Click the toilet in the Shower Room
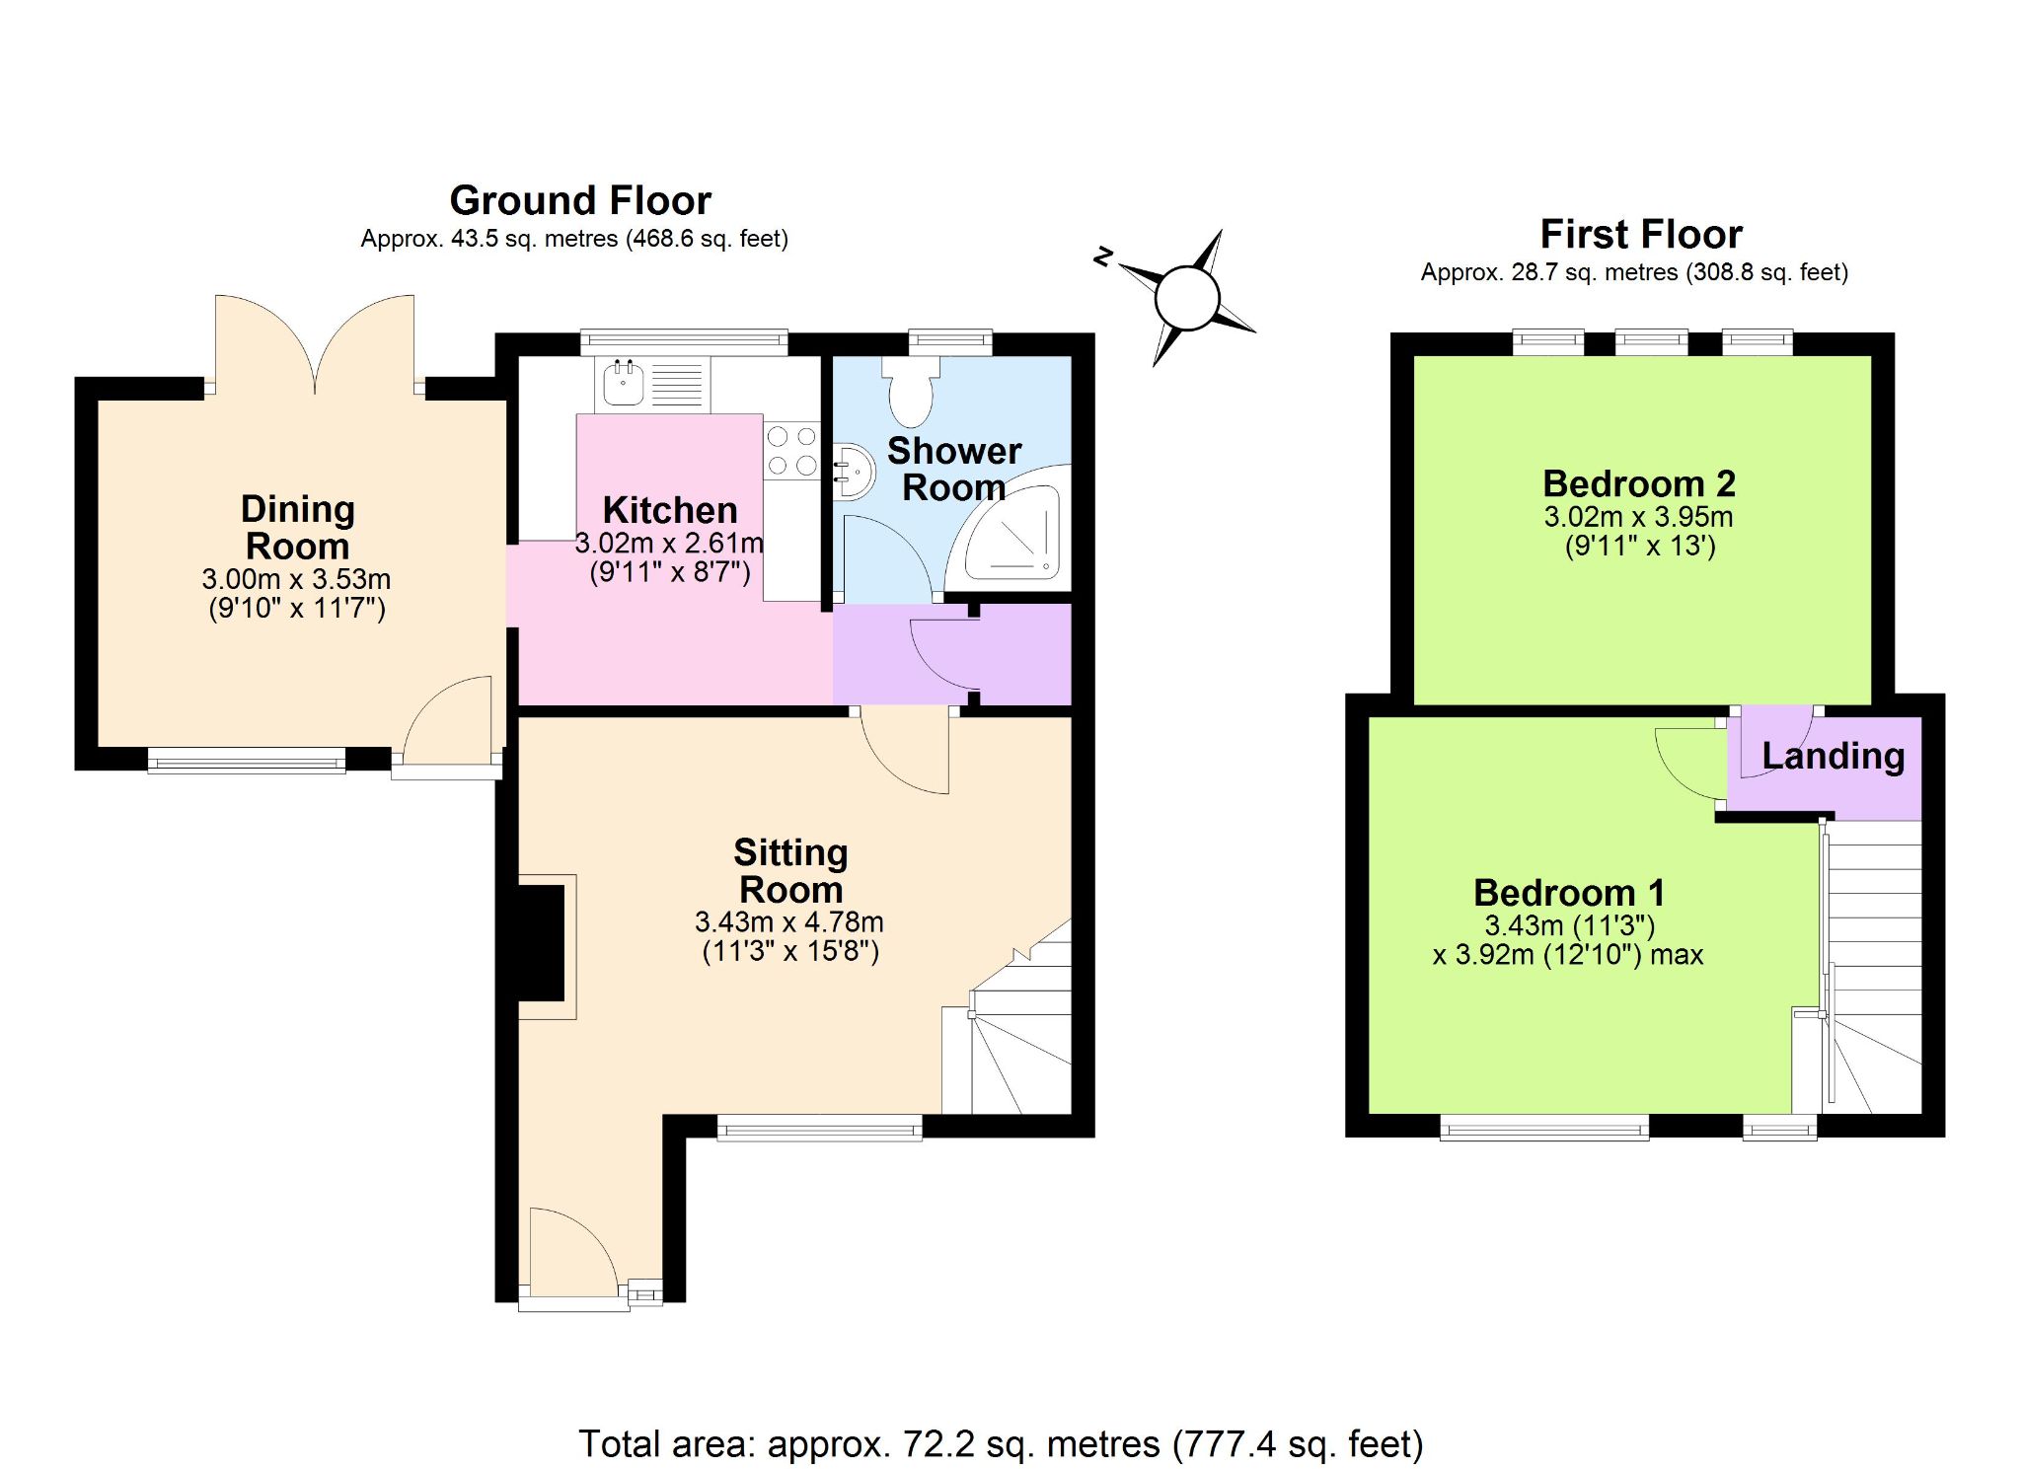click(x=910, y=391)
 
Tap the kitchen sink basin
click(x=624, y=384)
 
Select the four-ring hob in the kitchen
click(x=792, y=450)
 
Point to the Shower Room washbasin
click(x=855, y=472)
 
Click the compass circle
click(x=1187, y=298)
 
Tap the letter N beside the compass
click(x=1103, y=257)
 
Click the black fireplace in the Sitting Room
click(x=542, y=944)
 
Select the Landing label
click(x=1833, y=757)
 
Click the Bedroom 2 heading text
click(x=1639, y=483)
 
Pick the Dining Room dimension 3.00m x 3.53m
click(x=296, y=578)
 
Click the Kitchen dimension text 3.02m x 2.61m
click(x=669, y=543)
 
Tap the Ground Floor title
click(x=580, y=200)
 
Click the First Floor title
click(x=1641, y=234)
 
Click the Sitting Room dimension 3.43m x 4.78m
click(x=789, y=921)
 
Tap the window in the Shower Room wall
click(x=950, y=341)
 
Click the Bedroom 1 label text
click(x=1569, y=893)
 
